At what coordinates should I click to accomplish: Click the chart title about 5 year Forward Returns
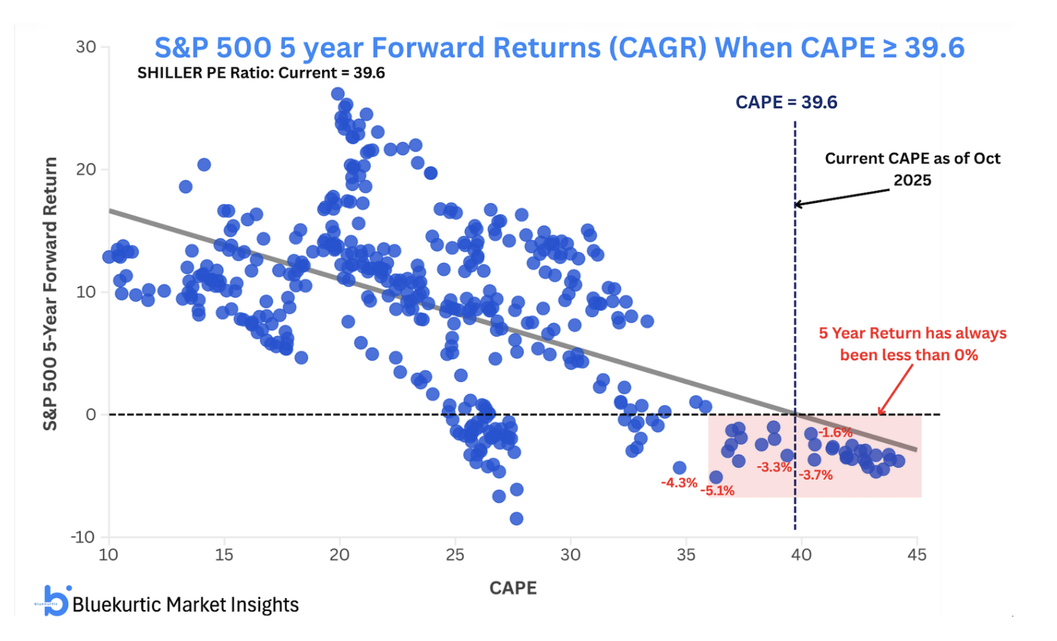click(x=559, y=48)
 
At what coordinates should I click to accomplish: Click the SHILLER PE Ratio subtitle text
click(x=261, y=73)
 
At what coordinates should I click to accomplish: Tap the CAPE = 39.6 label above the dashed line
click(x=786, y=102)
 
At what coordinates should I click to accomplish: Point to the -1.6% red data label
click(x=835, y=433)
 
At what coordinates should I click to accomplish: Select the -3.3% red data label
click(x=774, y=468)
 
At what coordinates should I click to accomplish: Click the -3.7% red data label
click(x=815, y=476)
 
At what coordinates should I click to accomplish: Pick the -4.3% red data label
click(x=679, y=483)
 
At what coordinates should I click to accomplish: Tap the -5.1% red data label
click(x=717, y=491)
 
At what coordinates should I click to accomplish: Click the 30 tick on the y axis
click(x=86, y=47)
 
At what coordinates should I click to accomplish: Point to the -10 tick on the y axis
click(x=83, y=537)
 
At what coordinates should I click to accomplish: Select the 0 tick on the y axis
click(x=91, y=415)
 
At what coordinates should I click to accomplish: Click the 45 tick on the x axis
click(x=916, y=555)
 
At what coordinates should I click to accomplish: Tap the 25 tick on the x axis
click(x=455, y=555)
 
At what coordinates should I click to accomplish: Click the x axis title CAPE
click(x=513, y=588)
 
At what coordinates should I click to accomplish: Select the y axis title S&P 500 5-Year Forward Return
click(x=50, y=293)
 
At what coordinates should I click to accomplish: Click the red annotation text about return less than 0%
click(x=912, y=344)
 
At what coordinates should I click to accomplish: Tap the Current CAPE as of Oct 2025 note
click(x=912, y=169)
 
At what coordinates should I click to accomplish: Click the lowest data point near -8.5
click(x=516, y=518)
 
